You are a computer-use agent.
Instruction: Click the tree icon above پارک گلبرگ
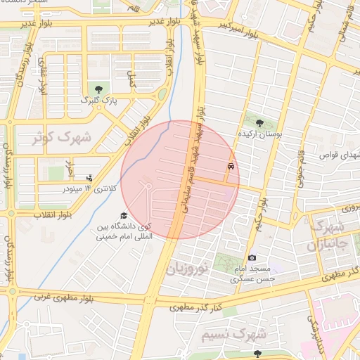[x=98, y=89]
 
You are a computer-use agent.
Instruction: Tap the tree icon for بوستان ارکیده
[x=260, y=123]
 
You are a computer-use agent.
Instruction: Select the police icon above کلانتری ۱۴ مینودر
[x=89, y=179]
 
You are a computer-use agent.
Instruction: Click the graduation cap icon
[x=124, y=216]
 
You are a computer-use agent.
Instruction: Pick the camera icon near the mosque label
[x=252, y=258]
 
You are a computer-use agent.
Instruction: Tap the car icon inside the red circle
[x=231, y=167]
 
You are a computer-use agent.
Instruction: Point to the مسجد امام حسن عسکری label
[x=252, y=274]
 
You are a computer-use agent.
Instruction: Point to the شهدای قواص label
[x=339, y=154]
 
